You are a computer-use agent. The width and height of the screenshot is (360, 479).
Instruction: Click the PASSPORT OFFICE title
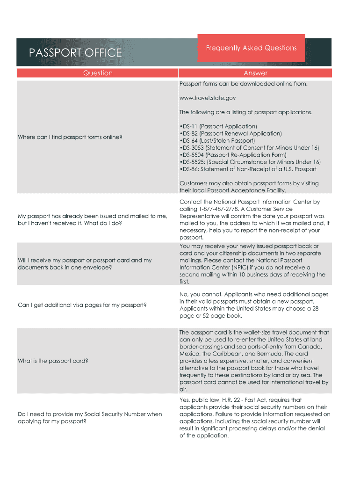75,53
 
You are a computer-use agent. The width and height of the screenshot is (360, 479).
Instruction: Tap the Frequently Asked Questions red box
251,48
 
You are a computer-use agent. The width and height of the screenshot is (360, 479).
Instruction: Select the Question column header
98,73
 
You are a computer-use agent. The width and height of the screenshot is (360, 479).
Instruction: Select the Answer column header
255,73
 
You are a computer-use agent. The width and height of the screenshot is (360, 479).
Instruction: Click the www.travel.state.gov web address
208,98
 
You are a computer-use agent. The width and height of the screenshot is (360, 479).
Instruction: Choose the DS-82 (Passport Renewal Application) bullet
230,133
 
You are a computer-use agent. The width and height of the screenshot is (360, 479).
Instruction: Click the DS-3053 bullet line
249,148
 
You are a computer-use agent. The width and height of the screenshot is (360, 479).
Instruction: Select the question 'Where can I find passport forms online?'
70,137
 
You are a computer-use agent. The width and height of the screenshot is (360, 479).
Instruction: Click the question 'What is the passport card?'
53,361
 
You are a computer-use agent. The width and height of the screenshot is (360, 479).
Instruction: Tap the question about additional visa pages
82,305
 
